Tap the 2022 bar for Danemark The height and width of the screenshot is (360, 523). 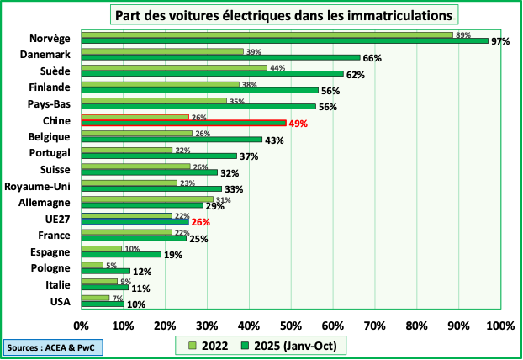162,51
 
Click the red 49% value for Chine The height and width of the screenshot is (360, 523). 298,124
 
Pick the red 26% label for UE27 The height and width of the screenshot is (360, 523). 199,222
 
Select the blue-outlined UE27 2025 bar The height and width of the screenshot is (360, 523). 135,222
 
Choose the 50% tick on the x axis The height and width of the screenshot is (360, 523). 290,325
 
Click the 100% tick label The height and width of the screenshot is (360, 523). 499,325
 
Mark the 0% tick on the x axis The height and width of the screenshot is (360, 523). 82,325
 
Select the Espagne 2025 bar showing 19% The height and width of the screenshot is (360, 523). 121,254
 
